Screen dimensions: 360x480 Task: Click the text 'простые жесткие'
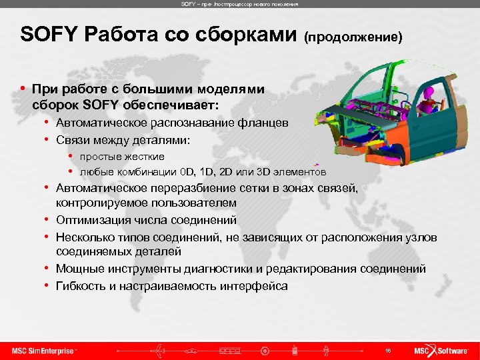pos(122,156)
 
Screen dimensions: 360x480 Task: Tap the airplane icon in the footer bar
pos(160,350)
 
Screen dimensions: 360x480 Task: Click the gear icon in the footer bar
pos(265,350)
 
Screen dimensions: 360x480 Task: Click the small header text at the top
pos(239,4)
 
